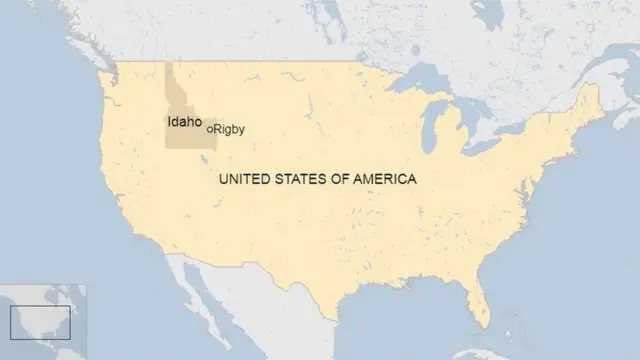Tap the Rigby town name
click(229, 129)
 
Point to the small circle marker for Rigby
click(210, 129)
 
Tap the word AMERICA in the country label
click(386, 179)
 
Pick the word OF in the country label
click(344, 179)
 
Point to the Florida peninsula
click(480, 296)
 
